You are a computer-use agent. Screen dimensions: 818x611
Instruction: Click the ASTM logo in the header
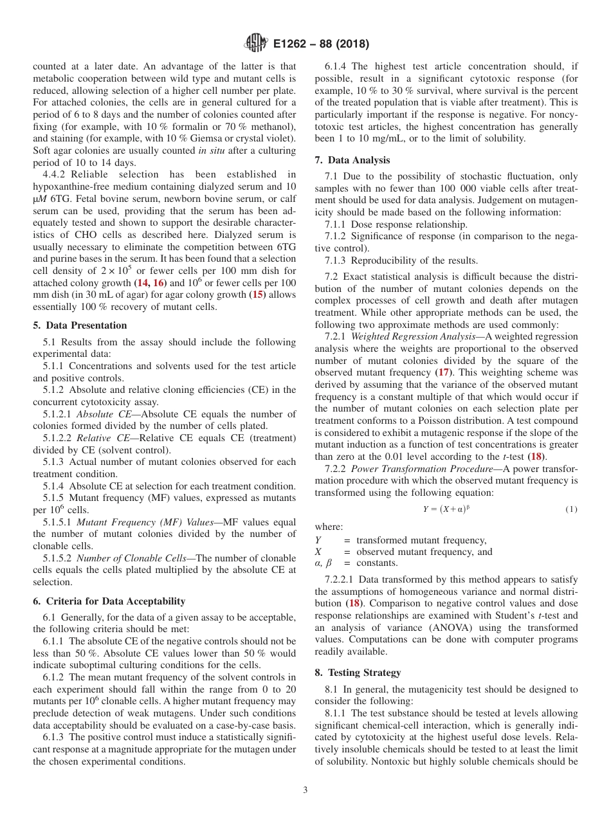(256, 44)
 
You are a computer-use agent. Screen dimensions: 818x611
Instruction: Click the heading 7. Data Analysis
(352, 160)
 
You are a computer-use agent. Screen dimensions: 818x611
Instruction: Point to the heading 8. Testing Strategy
(358, 673)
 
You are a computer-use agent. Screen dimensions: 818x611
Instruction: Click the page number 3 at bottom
(305, 790)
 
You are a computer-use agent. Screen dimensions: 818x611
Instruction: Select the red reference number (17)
(444, 373)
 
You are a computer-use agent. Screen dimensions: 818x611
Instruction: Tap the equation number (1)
(571, 509)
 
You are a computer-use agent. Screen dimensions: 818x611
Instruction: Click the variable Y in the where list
(318, 540)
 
